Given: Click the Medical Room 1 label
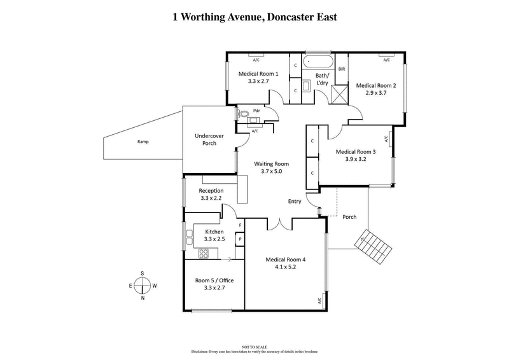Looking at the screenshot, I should [x=258, y=74].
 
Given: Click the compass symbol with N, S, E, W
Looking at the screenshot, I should [x=143, y=286].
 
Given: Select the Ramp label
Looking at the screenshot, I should [x=143, y=141].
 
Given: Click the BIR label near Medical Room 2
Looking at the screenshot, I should [x=342, y=69].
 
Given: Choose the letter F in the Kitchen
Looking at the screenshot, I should [x=240, y=226].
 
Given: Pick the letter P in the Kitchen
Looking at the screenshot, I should [x=240, y=239].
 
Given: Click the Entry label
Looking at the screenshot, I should [x=295, y=201].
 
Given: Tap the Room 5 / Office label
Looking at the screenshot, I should [x=214, y=280].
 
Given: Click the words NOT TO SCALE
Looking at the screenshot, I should [x=254, y=347].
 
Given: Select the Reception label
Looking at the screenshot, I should [x=211, y=191].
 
